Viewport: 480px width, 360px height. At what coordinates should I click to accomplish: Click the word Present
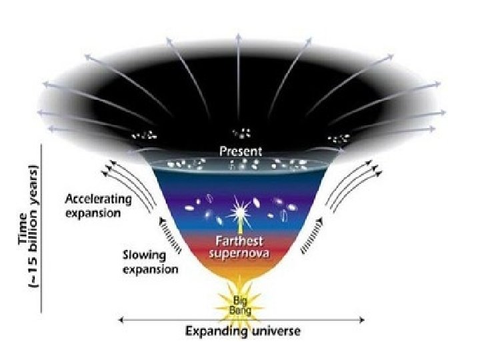click(240, 152)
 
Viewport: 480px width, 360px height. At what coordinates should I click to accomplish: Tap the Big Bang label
click(239, 303)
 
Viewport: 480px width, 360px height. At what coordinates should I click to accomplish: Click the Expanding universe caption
click(242, 331)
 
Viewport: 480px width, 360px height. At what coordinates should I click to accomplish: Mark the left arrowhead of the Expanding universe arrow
click(121, 320)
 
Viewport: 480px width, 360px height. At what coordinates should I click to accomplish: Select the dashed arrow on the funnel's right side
click(313, 235)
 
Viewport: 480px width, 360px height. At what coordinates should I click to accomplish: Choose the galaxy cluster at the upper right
click(338, 138)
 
